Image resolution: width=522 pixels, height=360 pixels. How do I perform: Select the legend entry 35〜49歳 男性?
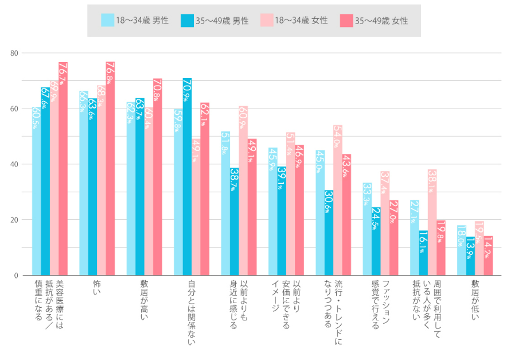coord(215,21)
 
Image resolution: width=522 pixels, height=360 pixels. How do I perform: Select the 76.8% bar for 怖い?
coord(110,169)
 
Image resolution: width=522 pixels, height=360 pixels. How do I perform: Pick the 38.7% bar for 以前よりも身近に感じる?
coord(234,222)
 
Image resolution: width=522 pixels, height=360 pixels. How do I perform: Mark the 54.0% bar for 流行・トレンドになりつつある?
coord(338,200)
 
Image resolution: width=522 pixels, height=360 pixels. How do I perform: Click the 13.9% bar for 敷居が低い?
coord(470,256)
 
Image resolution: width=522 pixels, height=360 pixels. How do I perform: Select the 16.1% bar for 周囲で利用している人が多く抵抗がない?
coord(423,253)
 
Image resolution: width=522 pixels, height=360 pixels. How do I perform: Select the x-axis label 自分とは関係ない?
coord(191,313)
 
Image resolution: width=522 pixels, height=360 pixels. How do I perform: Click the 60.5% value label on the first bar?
coord(36,118)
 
